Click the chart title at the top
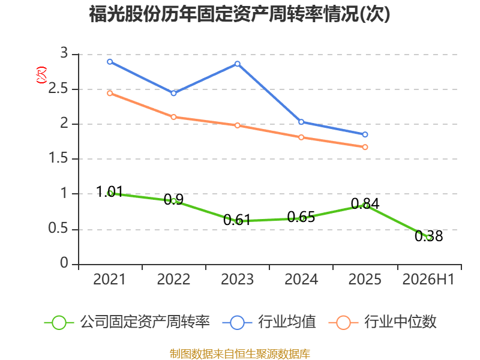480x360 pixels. [239, 14]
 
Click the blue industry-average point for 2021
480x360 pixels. [110, 62]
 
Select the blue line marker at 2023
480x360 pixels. [238, 64]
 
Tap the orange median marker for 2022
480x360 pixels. [173, 117]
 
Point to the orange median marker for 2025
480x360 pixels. [365, 147]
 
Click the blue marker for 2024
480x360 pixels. [301, 122]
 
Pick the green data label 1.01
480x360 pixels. [109, 191]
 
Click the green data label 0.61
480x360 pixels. [237, 220]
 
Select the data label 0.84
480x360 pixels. [365, 203]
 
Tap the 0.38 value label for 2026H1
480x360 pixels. [428, 236]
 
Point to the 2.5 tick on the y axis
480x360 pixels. [58, 89]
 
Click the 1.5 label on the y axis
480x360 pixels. [58, 158]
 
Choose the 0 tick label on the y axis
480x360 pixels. [64, 263]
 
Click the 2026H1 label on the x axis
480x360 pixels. [428, 279]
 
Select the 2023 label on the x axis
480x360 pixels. [237, 279]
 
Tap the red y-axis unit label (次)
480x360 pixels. [41, 75]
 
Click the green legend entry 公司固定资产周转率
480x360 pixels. [127, 322]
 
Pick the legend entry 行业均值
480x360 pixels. [269, 322]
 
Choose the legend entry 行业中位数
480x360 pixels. [382, 322]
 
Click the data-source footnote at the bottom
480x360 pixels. [239, 353]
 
